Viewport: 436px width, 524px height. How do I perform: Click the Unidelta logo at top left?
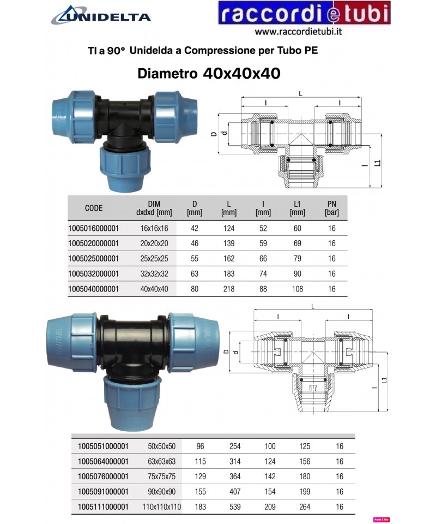(x=101, y=15)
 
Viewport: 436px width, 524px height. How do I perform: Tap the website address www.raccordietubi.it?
(x=298, y=32)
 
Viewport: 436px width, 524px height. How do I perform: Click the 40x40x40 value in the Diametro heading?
(x=241, y=73)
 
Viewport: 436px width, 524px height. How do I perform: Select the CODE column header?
(x=94, y=208)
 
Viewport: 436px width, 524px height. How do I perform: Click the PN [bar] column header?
(x=331, y=208)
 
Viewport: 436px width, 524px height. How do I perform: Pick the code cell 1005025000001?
(x=93, y=259)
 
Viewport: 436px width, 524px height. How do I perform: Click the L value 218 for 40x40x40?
(x=229, y=289)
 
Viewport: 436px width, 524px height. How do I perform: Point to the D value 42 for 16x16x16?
(x=195, y=228)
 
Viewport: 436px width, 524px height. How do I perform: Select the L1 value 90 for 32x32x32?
(x=297, y=273)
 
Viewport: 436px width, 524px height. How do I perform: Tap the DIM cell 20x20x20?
(x=154, y=243)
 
